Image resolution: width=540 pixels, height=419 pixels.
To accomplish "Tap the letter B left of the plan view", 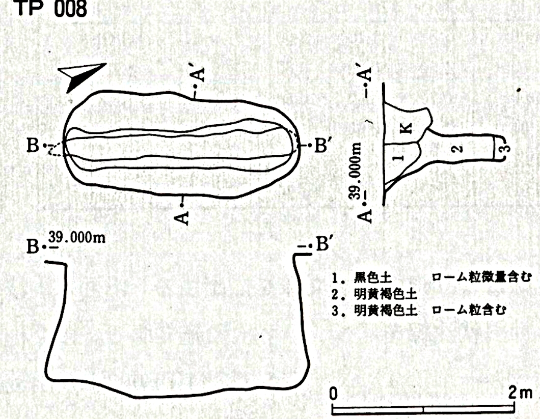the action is click(33, 145).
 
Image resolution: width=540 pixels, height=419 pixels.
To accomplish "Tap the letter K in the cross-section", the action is click(407, 128).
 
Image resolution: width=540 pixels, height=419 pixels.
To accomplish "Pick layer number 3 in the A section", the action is click(504, 148).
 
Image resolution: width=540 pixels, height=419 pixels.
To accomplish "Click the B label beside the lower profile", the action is click(33, 246).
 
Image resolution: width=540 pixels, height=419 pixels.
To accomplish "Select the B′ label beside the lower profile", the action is click(322, 244).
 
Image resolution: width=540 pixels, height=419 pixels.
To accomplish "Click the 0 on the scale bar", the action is click(333, 393).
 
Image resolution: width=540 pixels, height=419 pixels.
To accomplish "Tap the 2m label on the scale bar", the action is click(520, 393).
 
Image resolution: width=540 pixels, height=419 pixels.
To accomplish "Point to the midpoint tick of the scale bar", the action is click(423, 410).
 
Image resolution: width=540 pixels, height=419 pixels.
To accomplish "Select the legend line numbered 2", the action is click(375, 294).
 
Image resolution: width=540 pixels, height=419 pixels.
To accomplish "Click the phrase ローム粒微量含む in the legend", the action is click(481, 277).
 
